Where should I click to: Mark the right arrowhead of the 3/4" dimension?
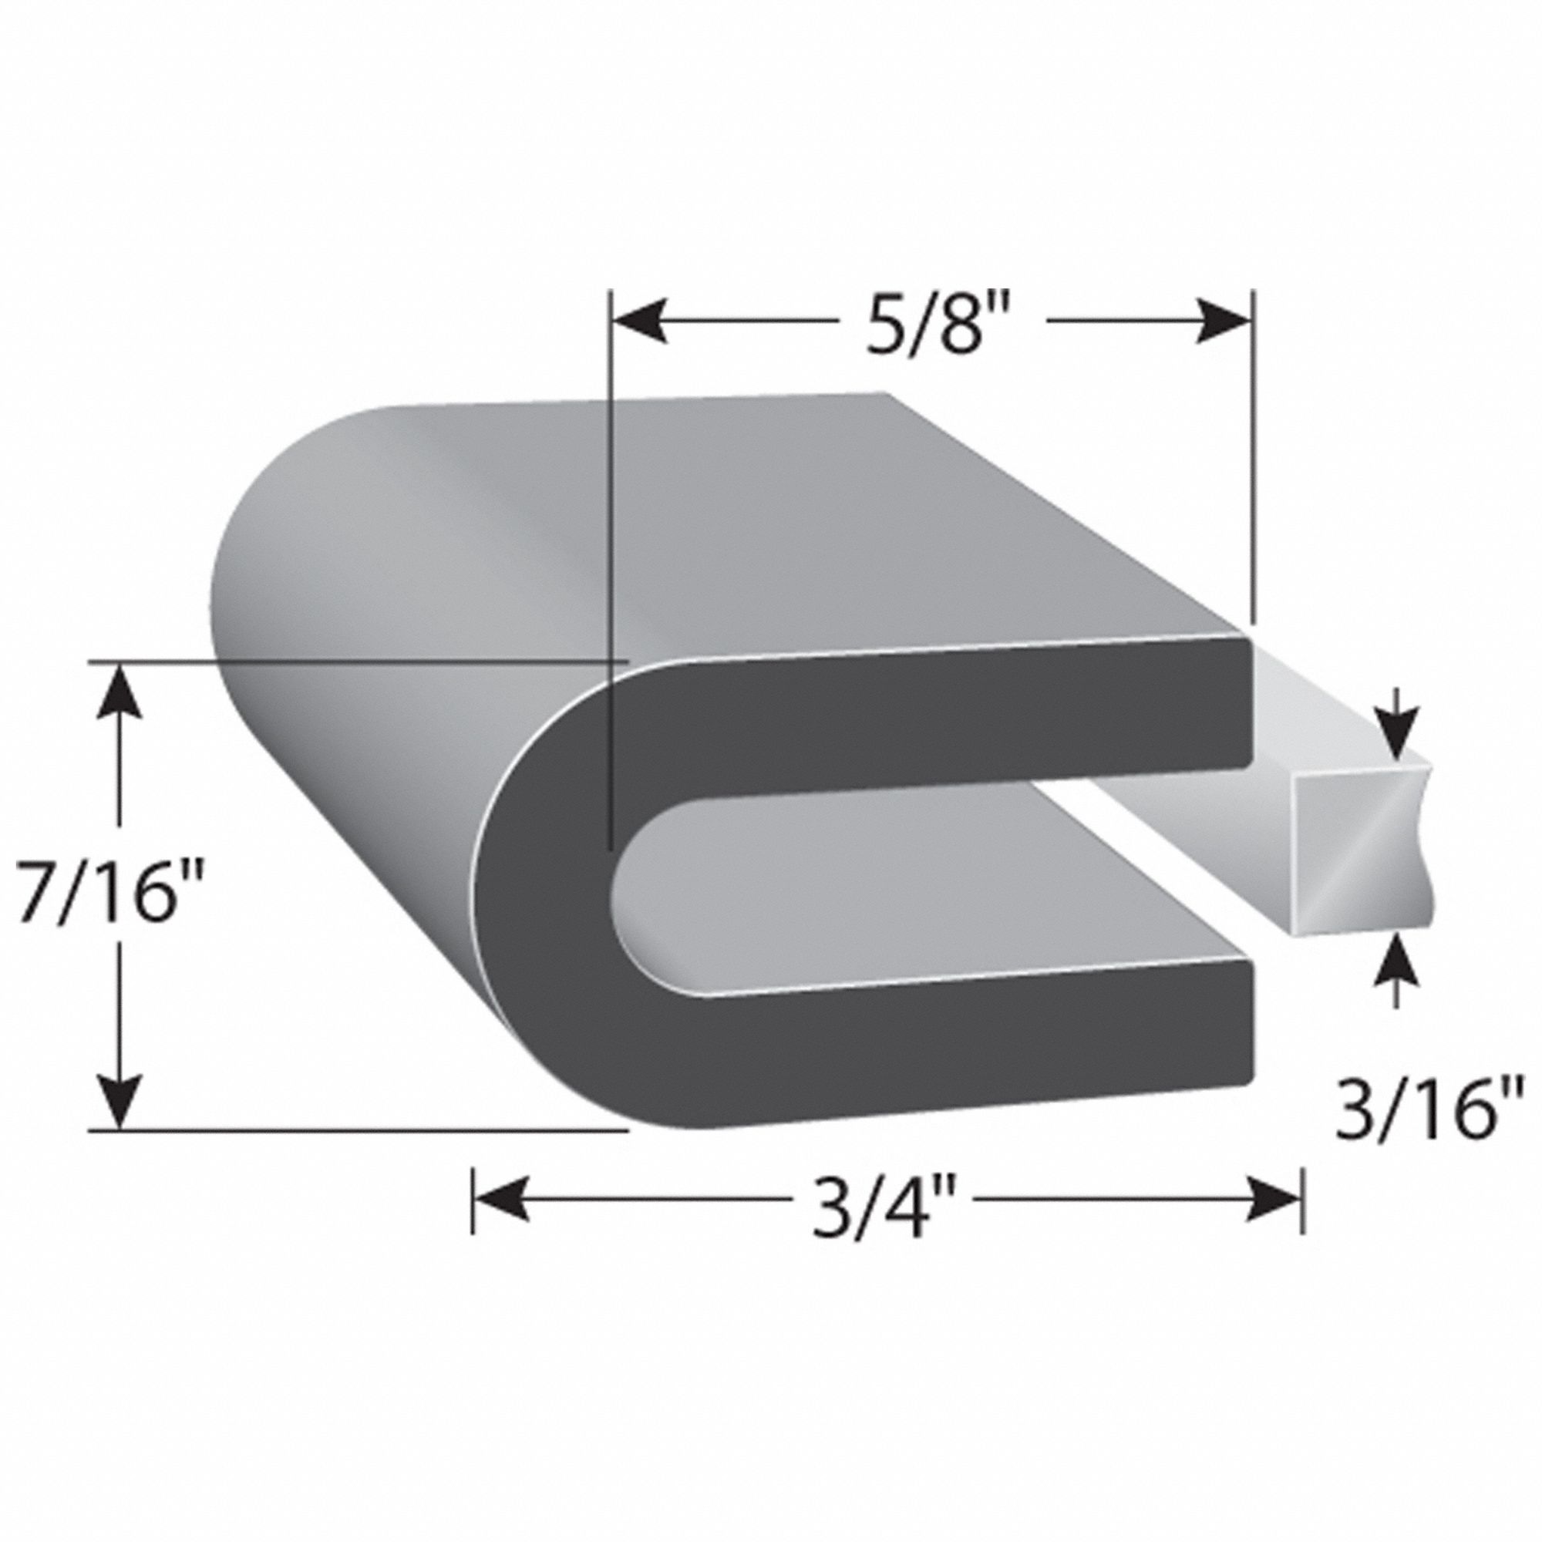[x=1274, y=1218]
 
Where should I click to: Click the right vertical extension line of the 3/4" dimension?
[x=1302, y=1218]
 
